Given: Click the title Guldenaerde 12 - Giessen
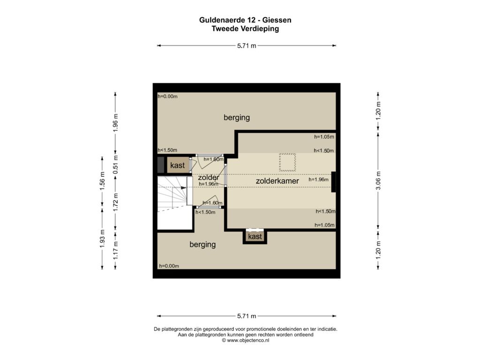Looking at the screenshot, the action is pyautogui.click(x=245, y=20).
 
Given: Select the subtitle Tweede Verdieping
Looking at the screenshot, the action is pyautogui.click(x=245, y=29).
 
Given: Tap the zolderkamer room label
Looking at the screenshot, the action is pyautogui.click(x=277, y=181).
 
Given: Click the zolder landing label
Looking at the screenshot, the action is pyautogui.click(x=209, y=177).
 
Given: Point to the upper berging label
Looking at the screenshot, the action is pyautogui.click(x=237, y=118).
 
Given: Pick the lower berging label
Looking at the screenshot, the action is pyautogui.click(x=202, y=245).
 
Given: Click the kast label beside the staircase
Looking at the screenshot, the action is pyautogui.click(x=178, y=165).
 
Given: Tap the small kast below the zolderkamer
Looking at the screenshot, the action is pyautogui.click(x=255, y=237).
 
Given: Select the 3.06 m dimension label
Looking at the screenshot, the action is pyautogui.click(x=378, y=180).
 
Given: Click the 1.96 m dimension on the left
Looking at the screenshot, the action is pyautogui.click(x=115, y=123).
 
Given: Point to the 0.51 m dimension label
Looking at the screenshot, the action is pyautogui.click(x=115, y=165).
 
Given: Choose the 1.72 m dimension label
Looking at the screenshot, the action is pyautogui.click(x=115, y=202).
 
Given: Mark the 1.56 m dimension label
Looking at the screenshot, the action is pyautogui.click(x=102, y=181).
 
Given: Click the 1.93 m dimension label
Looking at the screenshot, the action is pyautogui.click(x=102, y=239).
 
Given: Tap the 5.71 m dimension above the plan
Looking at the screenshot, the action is pyautogui.click(x=247, y=46).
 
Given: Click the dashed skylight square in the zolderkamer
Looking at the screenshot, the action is pyautogui.click(x=287, y=163).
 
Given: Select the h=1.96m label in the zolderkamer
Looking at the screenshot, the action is pyautogui.click(x=318, y=180).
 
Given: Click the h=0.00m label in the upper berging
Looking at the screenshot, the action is pyautogui.click(x=167, y=97).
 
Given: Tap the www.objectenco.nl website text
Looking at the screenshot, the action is pyautogui.click(x=246, y=340).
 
